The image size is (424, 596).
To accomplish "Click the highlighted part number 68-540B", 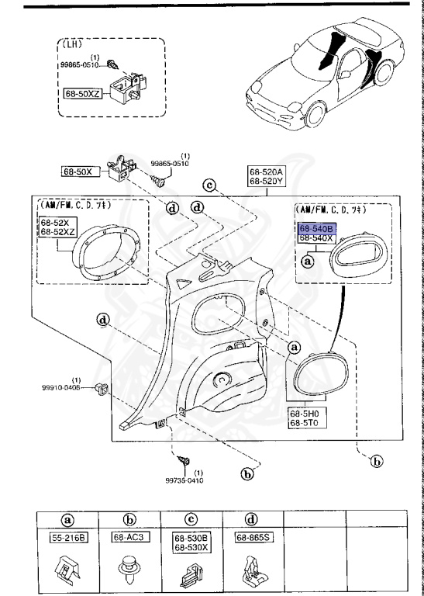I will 316,230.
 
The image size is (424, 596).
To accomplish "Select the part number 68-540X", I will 316,239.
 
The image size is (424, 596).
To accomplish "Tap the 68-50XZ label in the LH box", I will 82,92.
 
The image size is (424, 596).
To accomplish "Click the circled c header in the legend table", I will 191,519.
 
